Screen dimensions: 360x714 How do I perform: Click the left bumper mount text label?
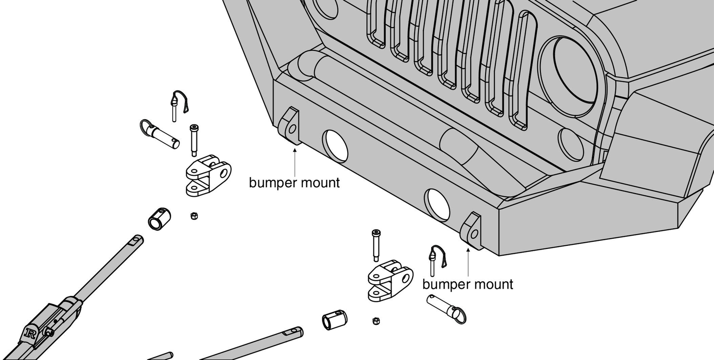(294, 182)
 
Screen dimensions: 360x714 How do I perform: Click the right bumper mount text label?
(467, 284)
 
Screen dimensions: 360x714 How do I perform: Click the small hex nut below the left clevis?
(194, 216)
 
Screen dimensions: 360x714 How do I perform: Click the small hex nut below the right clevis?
(376, 321)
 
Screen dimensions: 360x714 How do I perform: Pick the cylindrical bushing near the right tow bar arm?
(334, 322)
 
